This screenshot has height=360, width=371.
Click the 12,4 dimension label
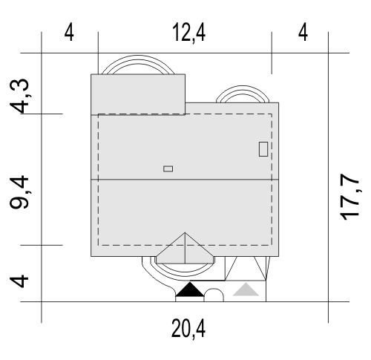pos(188,33)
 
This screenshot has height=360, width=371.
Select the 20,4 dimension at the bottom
pos(188,329)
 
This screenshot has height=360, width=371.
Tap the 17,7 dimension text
pos(349,197)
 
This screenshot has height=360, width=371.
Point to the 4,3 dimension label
pos(19,96)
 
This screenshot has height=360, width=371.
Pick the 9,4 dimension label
pos(19,192)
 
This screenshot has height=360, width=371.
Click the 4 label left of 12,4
pos(69,33)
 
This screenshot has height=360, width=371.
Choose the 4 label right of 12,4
pos(303,33)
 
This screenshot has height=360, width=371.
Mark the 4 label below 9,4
pos(19,281)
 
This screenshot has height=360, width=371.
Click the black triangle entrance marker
pos(190,289)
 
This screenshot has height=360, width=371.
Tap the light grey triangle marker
pos(246,289)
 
